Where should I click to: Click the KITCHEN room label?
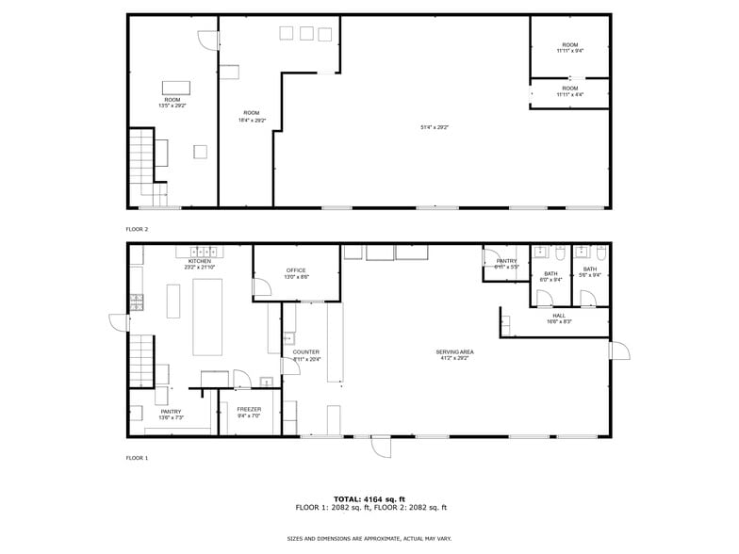click(x=200, y=264)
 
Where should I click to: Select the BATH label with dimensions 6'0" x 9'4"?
click(x=550, y=276)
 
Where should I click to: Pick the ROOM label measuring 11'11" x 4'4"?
click(x=569, y=91)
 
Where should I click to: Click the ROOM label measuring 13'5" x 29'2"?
click(x=172, y=102)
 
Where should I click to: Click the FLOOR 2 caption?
click(x=138, y=229)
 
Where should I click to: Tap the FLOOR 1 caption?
click(x=138, y=458)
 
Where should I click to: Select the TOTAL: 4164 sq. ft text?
click(x=369, y=498)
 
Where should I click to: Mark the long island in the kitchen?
click(x=206, y=317)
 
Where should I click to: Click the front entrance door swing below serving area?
click(x=379, y=446)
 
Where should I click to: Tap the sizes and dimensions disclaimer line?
click(x=369, y=538)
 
